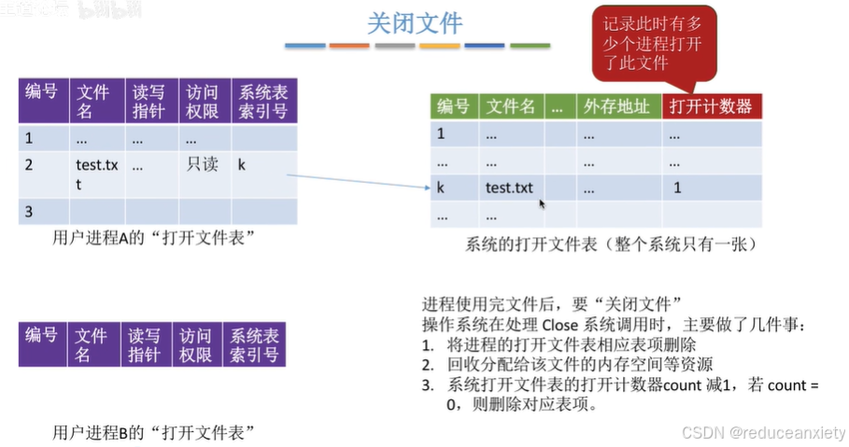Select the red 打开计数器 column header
click(x=712, y=105)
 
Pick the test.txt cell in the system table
click(x=509, y=188)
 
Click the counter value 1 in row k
click(x=677, y=188)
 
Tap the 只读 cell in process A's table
click(x=202, y=164)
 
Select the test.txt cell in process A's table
click(x=97, y=174)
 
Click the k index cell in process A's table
click(x=241, y=164)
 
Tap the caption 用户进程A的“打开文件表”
click(x=155, y=238)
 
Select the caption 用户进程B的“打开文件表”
click(x=154, y=432)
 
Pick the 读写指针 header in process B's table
click(x=145, y=344)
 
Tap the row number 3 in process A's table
click(x=29, y=211)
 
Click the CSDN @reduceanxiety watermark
click(x=763, y=433)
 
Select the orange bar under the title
click(x=439, y=45)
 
